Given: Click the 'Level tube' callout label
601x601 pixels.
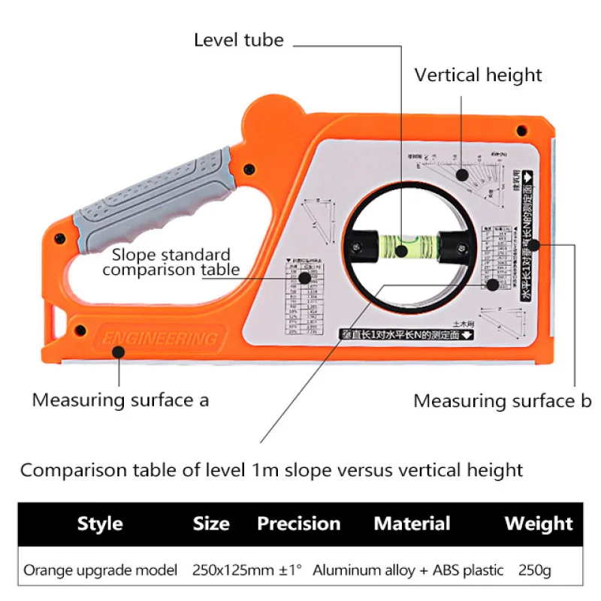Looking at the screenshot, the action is (238, 40).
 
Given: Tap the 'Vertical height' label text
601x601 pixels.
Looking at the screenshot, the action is (478, 75).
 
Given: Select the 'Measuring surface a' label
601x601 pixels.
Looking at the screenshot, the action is (120, 400).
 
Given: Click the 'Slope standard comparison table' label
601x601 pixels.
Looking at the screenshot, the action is (171, 262).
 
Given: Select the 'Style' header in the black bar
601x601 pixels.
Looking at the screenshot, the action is (100, 524).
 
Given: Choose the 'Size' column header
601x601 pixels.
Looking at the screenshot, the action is (211, 524).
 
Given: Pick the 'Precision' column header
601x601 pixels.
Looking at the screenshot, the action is (298, 524).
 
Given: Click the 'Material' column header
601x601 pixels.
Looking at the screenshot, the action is (412, 524).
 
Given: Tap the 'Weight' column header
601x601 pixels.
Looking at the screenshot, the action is (538, 524).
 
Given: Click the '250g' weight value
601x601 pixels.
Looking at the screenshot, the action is (534, 570).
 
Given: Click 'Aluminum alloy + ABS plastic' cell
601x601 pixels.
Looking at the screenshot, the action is (408, 570).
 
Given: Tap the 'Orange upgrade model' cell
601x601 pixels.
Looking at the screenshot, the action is (101, 570).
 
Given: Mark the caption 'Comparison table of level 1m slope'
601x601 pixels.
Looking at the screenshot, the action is (270, 471).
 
